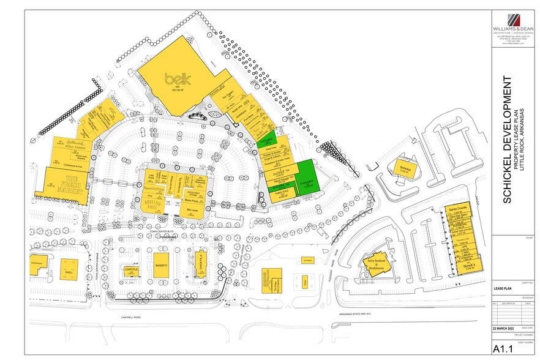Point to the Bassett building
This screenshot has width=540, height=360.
(162, 266)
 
